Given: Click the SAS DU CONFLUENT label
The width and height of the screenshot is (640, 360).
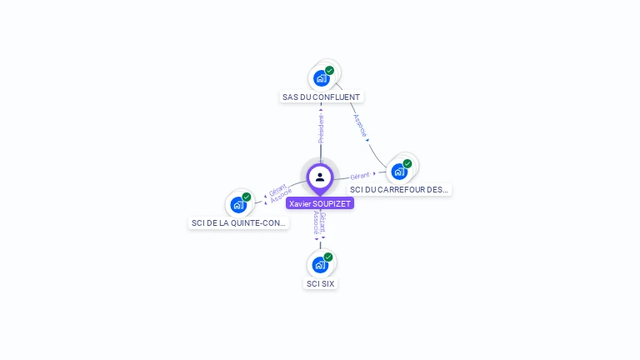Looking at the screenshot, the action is pos(322,97).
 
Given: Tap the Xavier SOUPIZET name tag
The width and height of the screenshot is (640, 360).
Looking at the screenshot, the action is pos(320,203).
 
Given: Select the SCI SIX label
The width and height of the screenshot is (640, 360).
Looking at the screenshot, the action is pos(320,283).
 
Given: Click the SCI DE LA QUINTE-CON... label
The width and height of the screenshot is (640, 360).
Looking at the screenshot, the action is pos(238,222).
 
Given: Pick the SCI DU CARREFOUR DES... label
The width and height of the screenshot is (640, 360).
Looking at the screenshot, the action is pos(399,190).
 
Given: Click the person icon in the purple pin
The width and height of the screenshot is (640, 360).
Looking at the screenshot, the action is pos(320,177).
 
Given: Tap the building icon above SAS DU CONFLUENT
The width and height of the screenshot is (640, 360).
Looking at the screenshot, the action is pos(321,78).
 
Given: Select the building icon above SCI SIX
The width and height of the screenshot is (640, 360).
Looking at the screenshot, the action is pos(319,265).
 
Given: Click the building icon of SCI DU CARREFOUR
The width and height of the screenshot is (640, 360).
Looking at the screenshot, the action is pos(399,172).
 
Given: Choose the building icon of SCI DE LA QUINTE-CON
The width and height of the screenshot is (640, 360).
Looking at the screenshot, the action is pos(237,204).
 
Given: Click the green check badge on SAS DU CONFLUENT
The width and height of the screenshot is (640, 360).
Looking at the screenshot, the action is pos(330,70).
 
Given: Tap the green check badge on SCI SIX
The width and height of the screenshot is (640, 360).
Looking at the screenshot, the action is pos(328,257).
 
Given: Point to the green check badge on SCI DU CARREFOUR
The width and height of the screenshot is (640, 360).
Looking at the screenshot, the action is pos(407,163).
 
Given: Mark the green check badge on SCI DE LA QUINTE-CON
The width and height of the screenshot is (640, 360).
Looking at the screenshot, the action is pos(247,197).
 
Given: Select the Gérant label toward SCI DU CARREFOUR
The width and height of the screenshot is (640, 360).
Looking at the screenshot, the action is pos(359,176).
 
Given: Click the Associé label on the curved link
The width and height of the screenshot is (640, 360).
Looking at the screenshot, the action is pos(359,125).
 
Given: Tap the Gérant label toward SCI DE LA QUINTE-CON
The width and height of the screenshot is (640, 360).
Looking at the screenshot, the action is pos(277,189).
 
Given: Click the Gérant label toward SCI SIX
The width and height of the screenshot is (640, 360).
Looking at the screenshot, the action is pos(323,222).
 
